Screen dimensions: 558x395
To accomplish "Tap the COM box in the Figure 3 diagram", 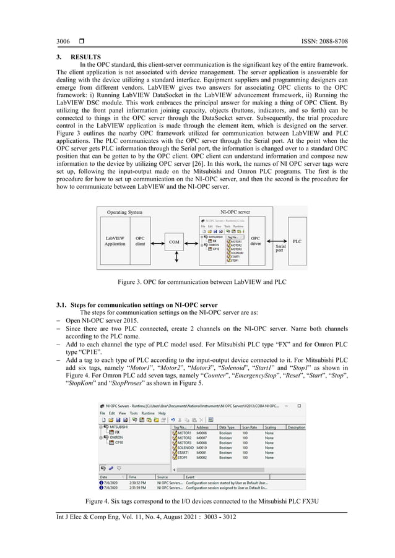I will click(x=175, y=243).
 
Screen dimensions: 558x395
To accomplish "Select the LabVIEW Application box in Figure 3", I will click(x=115, y=241).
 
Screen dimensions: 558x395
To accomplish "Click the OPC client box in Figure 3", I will click(x=141, y=241).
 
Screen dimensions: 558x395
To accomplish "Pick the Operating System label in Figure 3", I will click(x=124, y=212).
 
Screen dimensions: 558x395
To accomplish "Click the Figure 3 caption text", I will click(x=197, y=282).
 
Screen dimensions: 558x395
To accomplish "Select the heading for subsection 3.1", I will click(x=144, y=305).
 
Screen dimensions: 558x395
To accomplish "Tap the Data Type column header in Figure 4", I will click(x=227, y=427).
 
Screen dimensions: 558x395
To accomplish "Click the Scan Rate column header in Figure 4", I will click(x=250, y=427).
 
